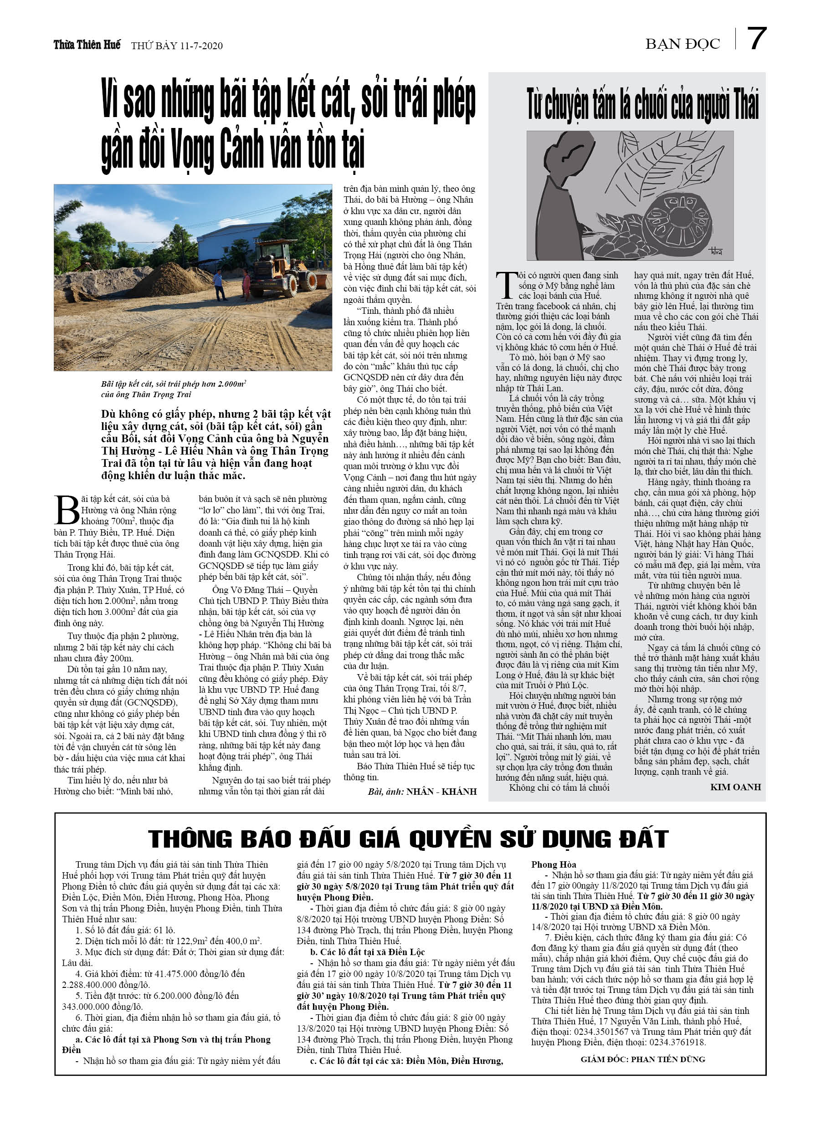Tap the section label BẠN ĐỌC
pyautogui.click(x=682, y=44)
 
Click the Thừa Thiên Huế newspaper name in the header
pyautogui.click(x=87, y=45)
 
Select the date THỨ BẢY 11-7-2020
pyautogui.click(x=176, y=46)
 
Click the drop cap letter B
pyautogui.click(x=67, y=510)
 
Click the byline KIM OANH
pyautogui.click(x=735, y=787)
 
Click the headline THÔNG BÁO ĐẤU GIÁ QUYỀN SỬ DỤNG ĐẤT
pyautogui.click(x=408, y=839)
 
